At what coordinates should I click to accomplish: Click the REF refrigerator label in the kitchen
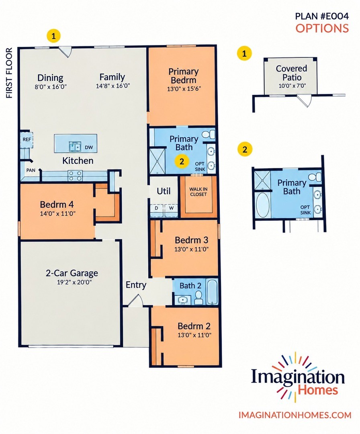[x=27, y=139]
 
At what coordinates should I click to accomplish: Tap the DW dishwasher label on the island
[x=89, y=147]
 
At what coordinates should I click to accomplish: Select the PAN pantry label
[x=31, y=170]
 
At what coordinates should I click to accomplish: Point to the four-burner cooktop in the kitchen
[x=75, y=176]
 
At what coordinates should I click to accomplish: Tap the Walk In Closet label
[x=198, y=192]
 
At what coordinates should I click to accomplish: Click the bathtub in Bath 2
[x=213, y=292]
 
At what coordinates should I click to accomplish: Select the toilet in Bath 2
[x=198, y=298]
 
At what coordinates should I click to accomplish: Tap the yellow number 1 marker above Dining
[x=54, y=35]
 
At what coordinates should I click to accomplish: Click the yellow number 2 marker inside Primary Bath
[x=182, y=162]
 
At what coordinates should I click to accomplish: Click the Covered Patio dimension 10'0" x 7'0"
[x=292, y=86]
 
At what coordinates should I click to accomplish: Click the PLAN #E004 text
[x=322, y=16]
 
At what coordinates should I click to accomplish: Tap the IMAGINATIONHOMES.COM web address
[x=295, y=415]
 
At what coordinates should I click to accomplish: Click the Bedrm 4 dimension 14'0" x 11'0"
[x=58, y=213]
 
